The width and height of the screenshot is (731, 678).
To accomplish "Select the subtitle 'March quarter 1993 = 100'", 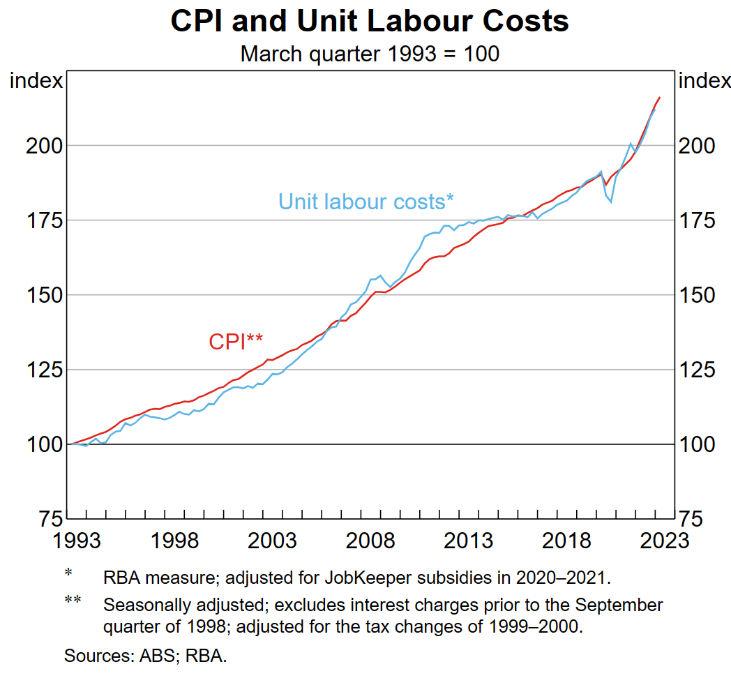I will [370, 54].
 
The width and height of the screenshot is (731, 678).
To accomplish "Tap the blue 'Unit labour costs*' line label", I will [366, 202].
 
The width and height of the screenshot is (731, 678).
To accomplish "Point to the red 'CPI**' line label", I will [236, 341].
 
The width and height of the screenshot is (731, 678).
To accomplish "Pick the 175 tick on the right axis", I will [698, 220].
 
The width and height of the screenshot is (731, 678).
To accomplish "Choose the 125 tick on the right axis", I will [698, 370].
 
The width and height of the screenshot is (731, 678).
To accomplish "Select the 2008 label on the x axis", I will [367, 541].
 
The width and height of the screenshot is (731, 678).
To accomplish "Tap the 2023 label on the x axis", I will [658, 541].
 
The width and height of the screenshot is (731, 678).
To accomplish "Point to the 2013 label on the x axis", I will [467, 541].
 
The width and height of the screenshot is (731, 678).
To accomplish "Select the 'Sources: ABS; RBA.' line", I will [146, 656].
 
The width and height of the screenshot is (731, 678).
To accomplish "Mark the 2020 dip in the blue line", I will [611, 202].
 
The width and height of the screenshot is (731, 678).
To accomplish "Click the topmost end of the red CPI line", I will [659, 98].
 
